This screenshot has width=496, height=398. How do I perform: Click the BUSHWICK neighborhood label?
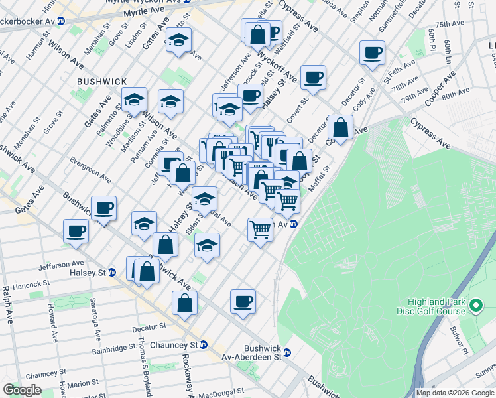[101, 81]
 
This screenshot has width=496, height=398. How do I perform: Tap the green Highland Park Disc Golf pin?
[475, 306]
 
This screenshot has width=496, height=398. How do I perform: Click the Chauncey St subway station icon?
[204, 345]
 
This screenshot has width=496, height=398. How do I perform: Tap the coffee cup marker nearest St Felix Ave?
[372, 53]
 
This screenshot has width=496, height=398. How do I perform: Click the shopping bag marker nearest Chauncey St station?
[185, 303]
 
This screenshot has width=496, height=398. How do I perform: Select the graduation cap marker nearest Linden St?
[178, 40]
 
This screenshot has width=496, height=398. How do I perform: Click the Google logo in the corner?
[23, 390]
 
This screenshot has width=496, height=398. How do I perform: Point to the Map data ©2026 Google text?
[455, 393]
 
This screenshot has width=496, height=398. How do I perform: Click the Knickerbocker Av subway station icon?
[61, 21]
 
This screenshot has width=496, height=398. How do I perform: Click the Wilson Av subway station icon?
[292, 224]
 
